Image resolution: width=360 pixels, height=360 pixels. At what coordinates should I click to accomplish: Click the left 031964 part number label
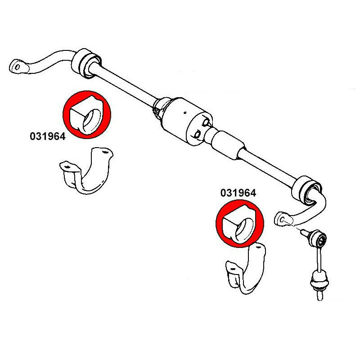tap(47, 136)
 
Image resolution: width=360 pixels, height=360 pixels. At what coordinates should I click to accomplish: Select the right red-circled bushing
tap(239, 225)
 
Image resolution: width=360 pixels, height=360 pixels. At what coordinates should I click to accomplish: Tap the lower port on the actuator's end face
tap(198, 134)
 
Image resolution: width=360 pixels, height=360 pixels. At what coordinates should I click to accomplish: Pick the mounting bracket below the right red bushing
tap(245, 270)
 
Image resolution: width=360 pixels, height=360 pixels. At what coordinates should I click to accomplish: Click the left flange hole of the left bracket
tap(67, 167)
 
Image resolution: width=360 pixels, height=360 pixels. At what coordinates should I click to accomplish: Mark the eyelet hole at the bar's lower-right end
tap(283, 219)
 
